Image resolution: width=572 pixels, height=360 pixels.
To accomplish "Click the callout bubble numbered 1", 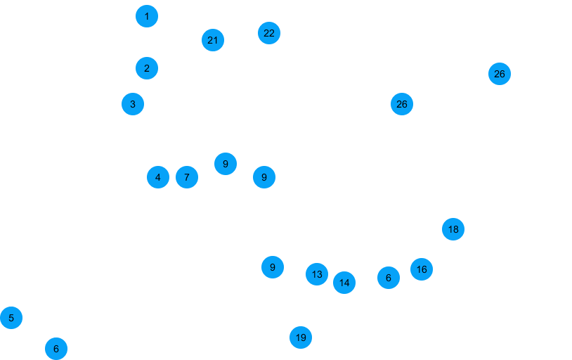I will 147,15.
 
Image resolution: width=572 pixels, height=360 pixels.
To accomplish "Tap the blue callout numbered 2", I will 146,68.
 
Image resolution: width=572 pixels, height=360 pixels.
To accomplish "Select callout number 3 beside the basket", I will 132,105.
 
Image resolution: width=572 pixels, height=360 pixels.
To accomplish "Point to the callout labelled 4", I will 158,178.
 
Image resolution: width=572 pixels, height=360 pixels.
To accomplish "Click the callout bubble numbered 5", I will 11,318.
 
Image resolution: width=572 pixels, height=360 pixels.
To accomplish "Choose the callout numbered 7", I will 187,178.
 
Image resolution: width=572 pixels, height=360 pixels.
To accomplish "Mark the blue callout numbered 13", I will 317,274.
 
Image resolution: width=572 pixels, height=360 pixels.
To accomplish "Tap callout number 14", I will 344,283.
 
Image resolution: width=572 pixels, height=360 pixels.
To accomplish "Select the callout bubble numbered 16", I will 422,269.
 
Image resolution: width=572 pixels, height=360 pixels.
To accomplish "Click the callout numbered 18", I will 453,229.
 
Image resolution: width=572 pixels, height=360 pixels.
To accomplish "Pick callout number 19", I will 301,338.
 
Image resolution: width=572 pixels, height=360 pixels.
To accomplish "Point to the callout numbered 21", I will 213,40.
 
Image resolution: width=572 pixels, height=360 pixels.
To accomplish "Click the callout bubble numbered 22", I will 269,32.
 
